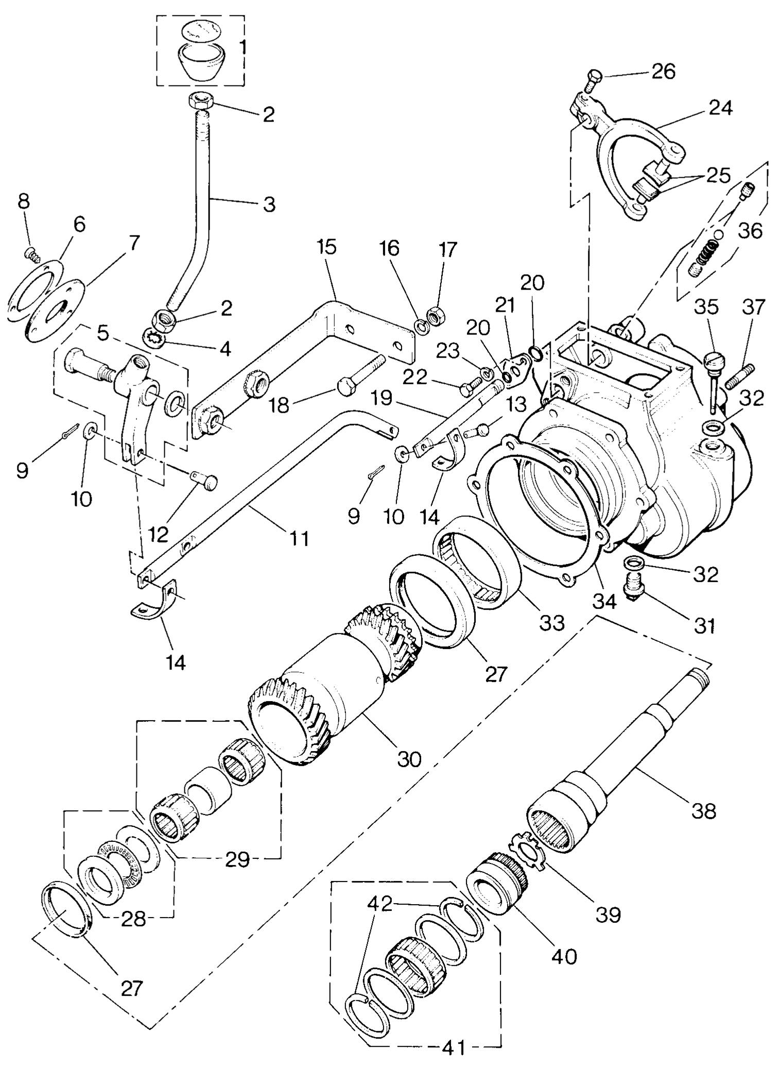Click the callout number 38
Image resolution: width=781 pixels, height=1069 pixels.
pos(704,811)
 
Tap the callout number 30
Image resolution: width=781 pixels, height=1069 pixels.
pos(409,758)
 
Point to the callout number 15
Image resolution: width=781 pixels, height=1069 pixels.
pos(326,247)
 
